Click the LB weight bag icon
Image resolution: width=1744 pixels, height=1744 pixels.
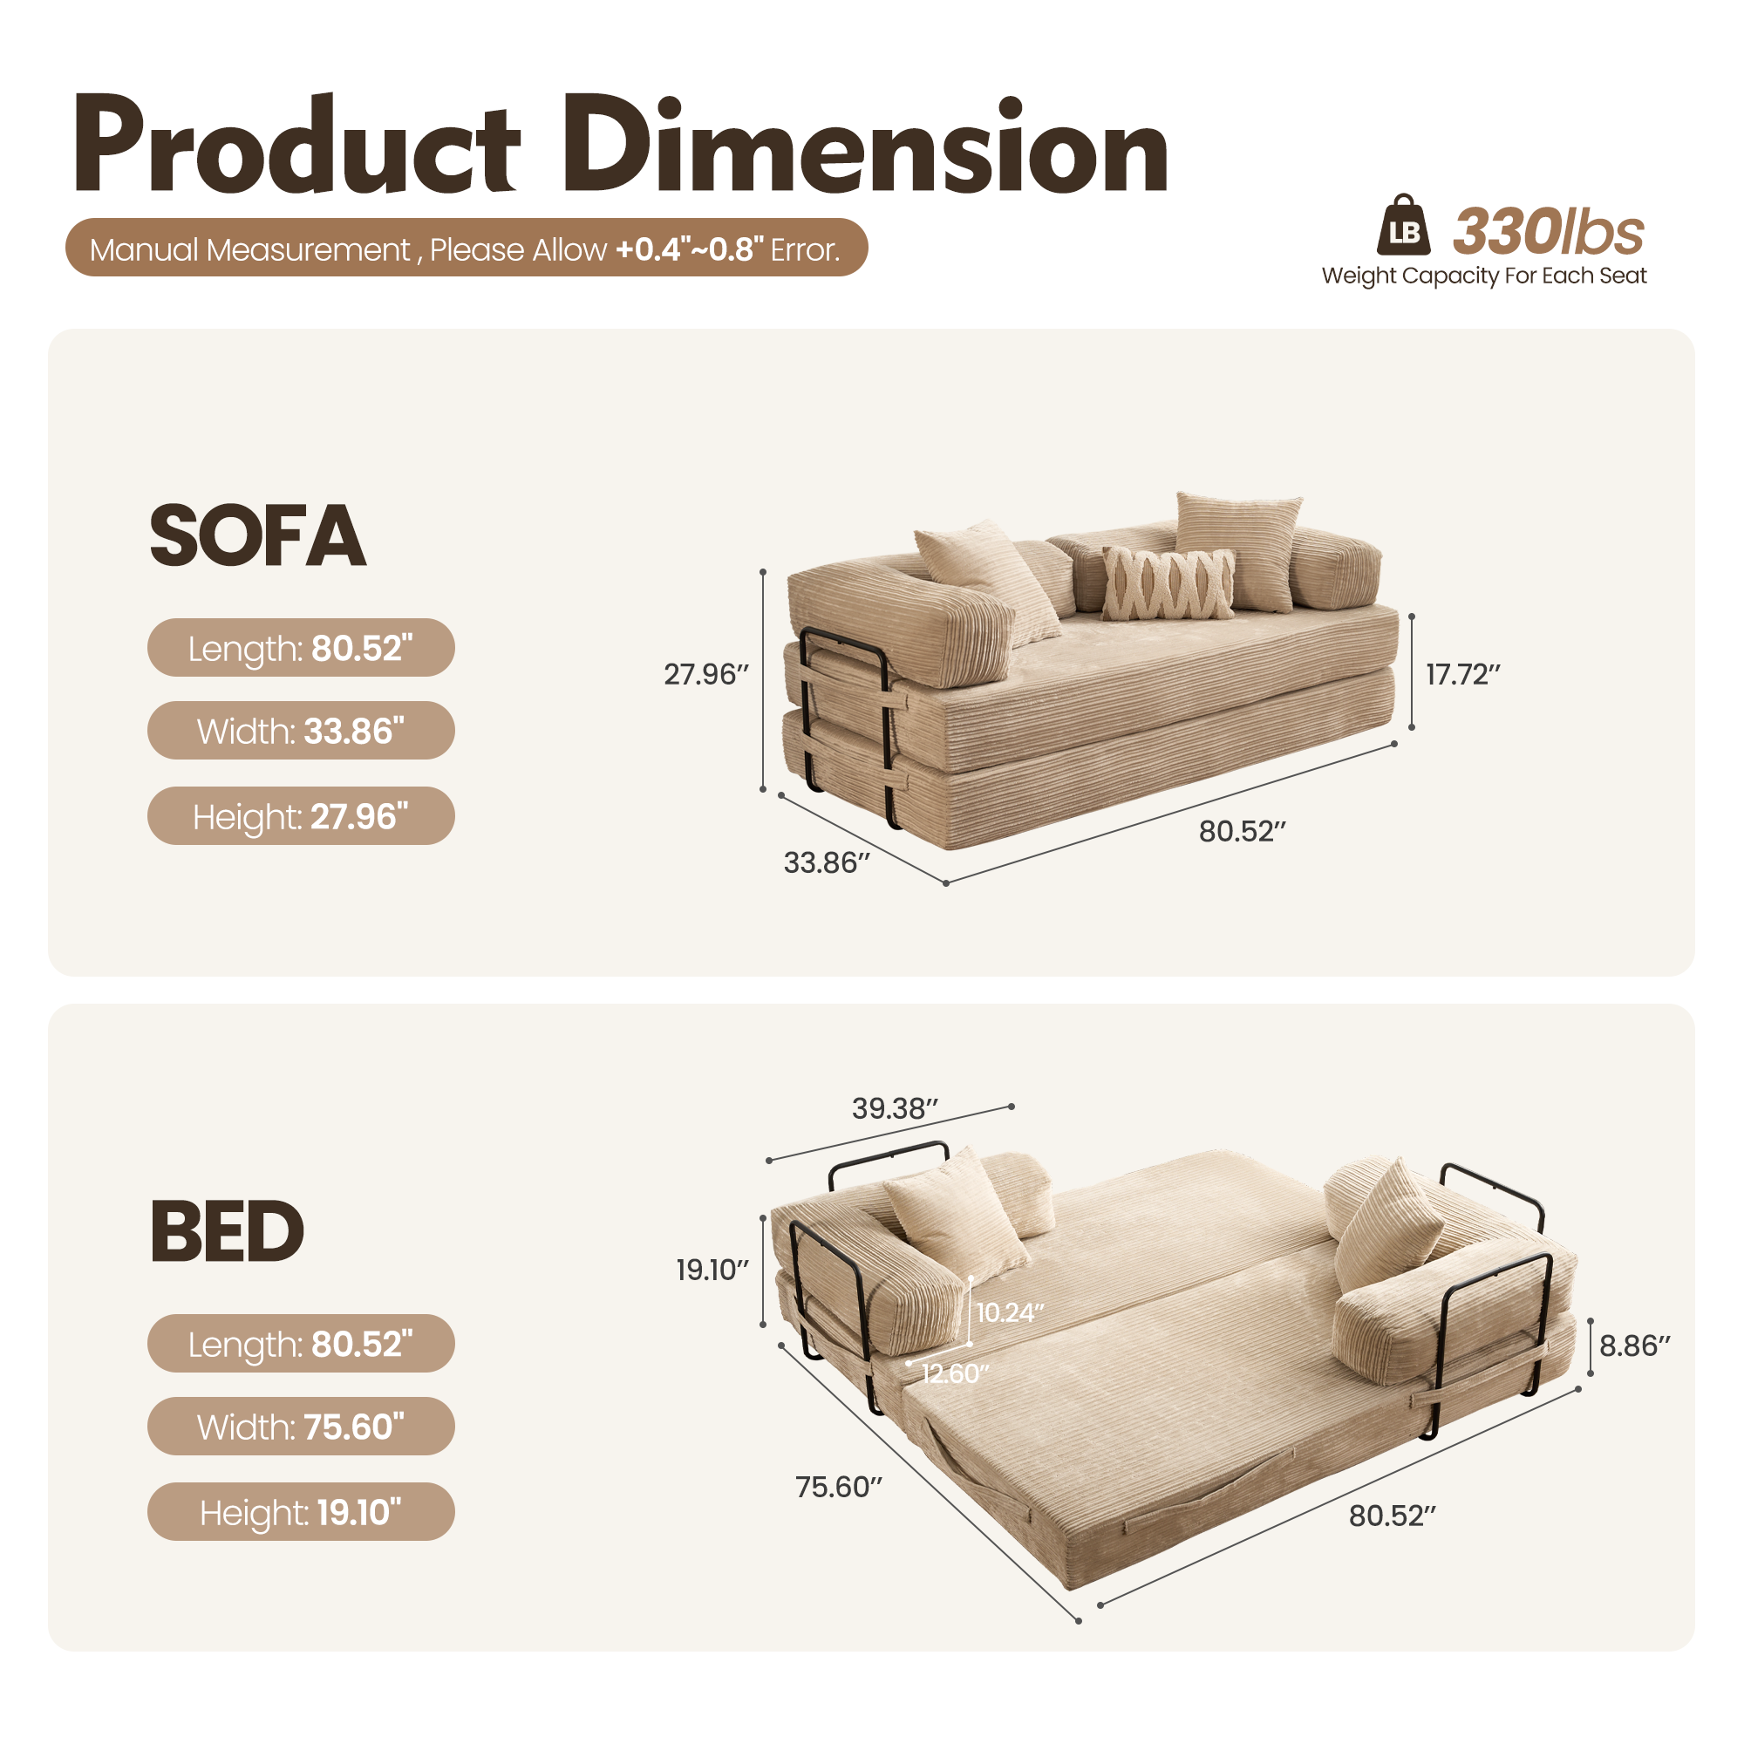(1403, 226)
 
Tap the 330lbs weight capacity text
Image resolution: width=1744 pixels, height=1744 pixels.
(1548, 231)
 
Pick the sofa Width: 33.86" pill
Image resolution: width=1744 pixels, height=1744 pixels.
(301, 730)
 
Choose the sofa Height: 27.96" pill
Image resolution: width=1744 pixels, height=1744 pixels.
(301, 816)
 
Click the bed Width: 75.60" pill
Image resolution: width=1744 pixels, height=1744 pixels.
(301, 1427)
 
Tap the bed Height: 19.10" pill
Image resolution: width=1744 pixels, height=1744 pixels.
(301, 1512)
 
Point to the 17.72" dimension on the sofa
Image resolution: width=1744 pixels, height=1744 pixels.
(1462, 674)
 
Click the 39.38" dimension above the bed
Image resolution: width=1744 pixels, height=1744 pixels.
(895, 1108)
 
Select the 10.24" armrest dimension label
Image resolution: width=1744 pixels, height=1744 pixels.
(1010, 1312)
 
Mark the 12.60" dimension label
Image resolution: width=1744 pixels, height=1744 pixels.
(955, 1373)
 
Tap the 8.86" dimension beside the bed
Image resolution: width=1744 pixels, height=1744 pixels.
(1635, 1345)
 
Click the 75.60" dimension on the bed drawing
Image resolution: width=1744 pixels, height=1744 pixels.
(838, 1487)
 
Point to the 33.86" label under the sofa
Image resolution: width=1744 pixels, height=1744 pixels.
(826, 863)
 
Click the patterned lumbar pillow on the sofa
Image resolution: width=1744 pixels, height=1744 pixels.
(1168, 583)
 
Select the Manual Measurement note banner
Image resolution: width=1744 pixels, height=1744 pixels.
(466, 249)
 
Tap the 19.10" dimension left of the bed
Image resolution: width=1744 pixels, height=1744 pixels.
(712, 1271)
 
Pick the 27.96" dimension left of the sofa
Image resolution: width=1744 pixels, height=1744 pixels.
(706, 674)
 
